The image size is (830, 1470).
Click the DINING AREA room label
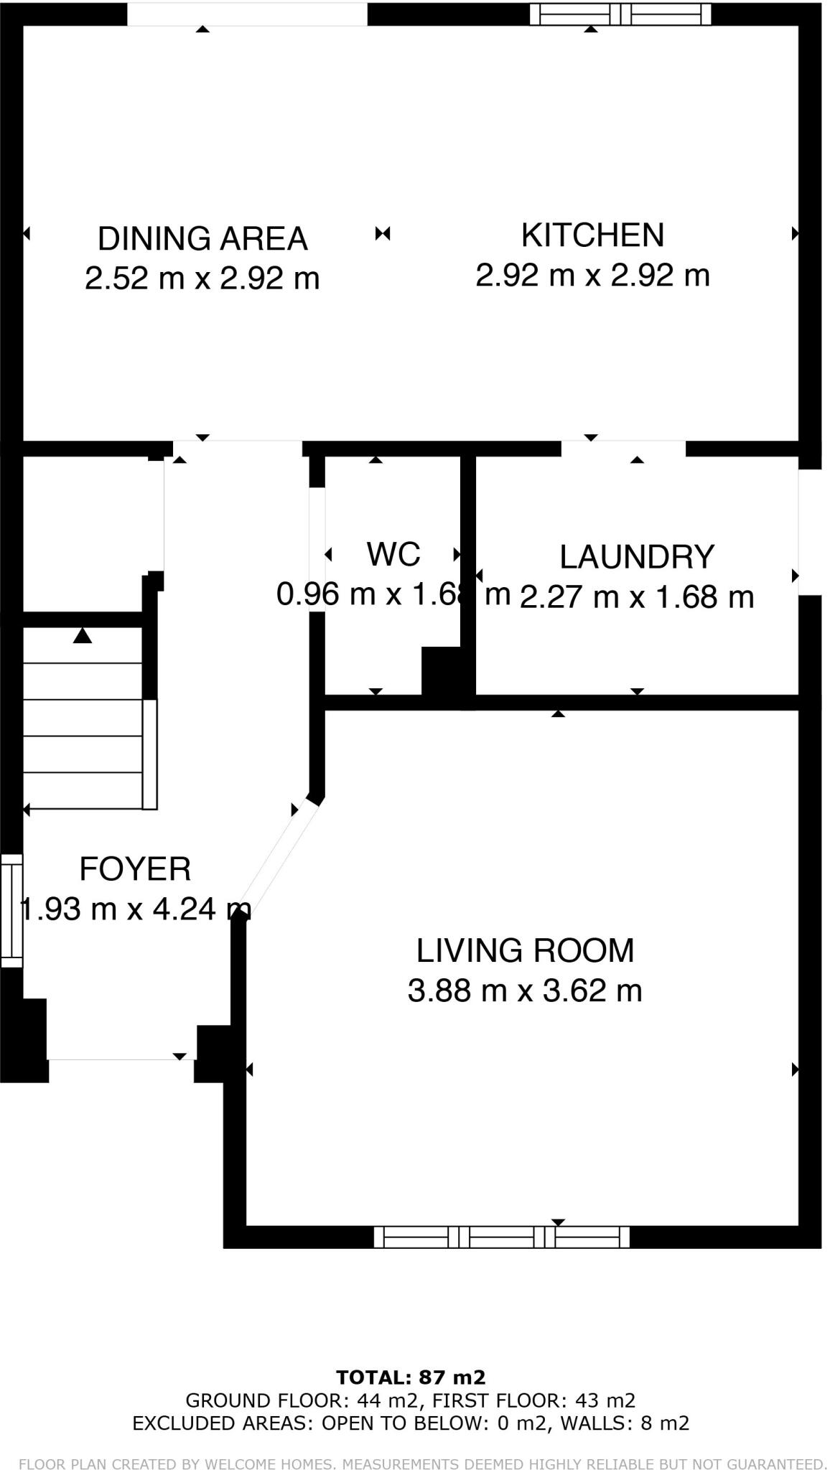[x=202, y=239]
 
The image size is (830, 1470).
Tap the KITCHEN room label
[x=592, y=235]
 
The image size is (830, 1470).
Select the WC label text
[x=393, y=554]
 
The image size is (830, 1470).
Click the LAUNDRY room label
[x=637, y=557]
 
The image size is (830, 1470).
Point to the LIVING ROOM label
[x=525, y=950]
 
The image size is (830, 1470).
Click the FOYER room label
[x=135, y=869]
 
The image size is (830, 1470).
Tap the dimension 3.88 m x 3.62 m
[x=525, y=991]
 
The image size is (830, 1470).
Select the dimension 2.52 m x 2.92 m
[x=202, y=278]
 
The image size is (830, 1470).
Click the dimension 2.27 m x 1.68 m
[x=637, y=597]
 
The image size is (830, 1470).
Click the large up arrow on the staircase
[x=83, y=635]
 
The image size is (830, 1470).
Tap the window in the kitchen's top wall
[x=620, y=14]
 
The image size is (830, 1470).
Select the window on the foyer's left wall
[x=11, y=910]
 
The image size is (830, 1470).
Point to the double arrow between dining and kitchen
[x=383, y=233]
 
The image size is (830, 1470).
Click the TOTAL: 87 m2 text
[x=411, y=1377]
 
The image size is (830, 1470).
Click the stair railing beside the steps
[x=149, y=754]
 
